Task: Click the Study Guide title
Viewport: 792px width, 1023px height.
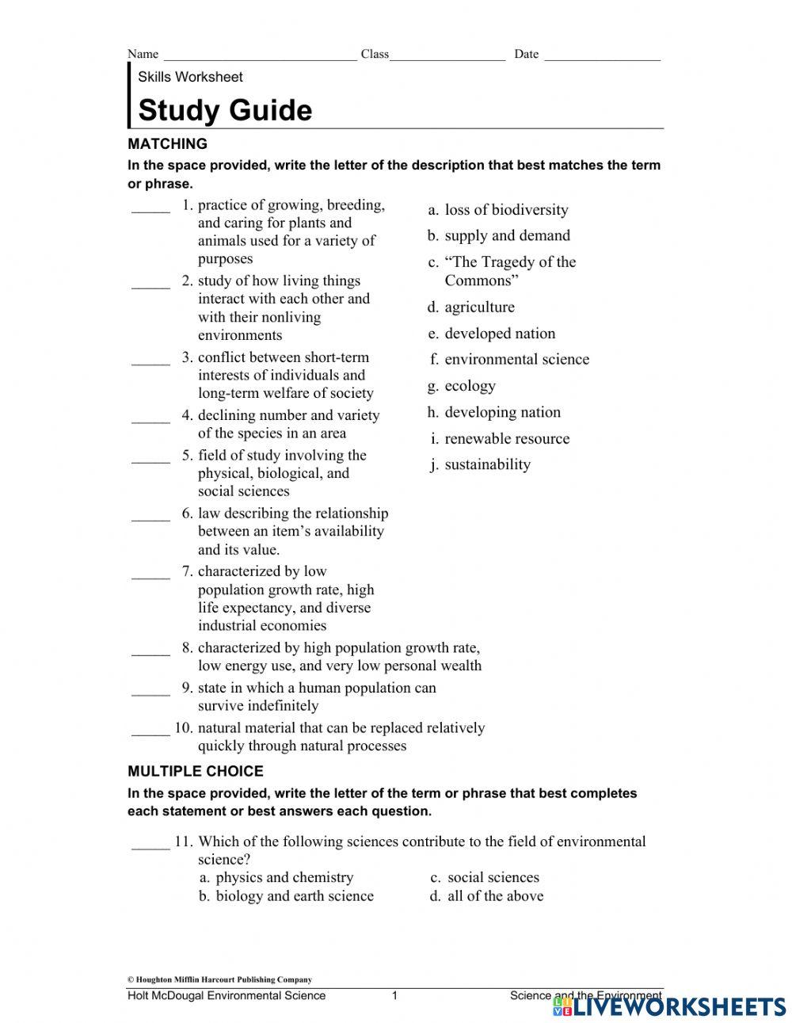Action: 225,110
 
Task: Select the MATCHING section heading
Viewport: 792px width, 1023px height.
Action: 167,144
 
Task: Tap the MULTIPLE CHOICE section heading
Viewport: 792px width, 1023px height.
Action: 195,771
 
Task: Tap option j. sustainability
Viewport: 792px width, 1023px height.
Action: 480,464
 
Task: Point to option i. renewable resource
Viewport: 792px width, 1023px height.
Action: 499,439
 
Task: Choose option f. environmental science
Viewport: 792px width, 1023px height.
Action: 509,360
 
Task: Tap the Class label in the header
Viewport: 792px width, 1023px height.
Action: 375,54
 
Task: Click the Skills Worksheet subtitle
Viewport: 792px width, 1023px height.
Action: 190,77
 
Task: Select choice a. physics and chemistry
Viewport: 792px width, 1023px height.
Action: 276,877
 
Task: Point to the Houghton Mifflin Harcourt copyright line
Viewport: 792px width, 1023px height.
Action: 219,979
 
